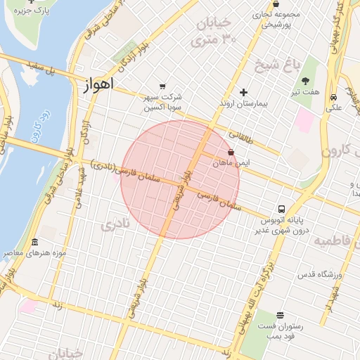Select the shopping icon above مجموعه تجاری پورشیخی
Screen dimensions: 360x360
click(276, 4)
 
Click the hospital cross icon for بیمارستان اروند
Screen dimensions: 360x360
click(244, 92)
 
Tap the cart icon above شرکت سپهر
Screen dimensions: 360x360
click(163, 85)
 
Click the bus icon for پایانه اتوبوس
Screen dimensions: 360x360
click(281, 209)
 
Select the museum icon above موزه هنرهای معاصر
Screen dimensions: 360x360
click(35, 241)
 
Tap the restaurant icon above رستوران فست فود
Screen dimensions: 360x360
click(281, 315)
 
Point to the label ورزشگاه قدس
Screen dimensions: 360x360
click(320, 275)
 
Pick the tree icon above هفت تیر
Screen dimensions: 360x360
click(315, 80)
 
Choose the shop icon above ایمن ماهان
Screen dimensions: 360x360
click(231, 152)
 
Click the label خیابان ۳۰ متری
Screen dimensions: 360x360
click(226, 32)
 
